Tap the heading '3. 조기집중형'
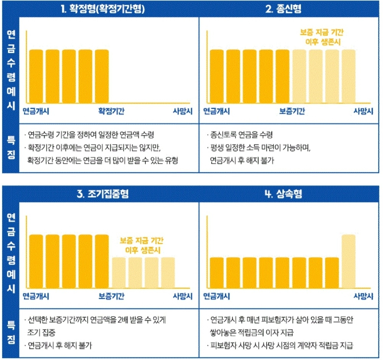102,194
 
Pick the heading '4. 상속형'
283,194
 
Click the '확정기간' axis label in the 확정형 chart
111,111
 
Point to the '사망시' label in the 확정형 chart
182,111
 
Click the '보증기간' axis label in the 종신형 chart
292,111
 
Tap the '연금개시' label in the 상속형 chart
216,296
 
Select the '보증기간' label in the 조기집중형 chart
111,296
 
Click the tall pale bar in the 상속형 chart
348,262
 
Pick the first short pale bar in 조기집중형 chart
118,273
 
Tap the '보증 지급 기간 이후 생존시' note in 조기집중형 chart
142,246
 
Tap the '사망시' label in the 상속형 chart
363,296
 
